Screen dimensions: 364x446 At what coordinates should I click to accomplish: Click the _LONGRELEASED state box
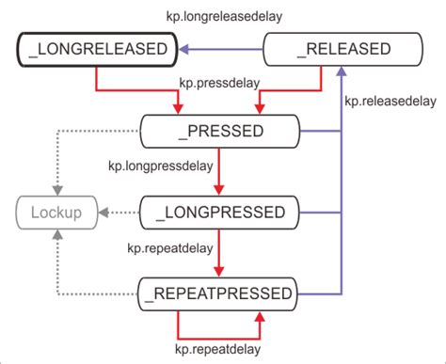pos(96,49)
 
